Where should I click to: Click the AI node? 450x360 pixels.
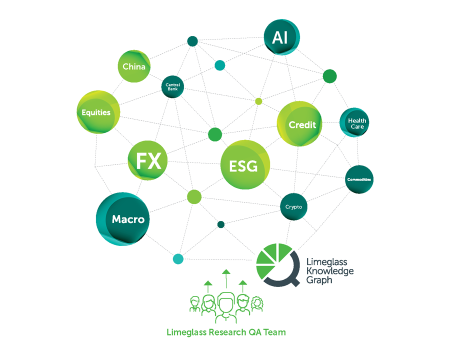point(281,38)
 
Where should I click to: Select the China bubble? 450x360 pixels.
point(134,66)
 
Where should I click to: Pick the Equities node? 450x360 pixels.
point(97,112)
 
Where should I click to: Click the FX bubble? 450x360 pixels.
point(148,161)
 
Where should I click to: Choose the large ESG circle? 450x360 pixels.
point(244,165)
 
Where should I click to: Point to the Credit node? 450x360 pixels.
point(299,124)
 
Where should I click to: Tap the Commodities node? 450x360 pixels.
point(359,179)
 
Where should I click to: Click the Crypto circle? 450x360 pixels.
point(293,206)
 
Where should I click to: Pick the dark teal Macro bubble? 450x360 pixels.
point(123,219)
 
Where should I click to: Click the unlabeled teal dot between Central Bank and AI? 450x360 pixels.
point(219,65)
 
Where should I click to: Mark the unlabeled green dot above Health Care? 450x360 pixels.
point(329,76)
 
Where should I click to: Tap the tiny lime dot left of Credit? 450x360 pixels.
point(258,101)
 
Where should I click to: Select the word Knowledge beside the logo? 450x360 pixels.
point(330,271)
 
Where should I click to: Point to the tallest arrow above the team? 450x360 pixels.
point(226,278)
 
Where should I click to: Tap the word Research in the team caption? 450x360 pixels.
point(226,332)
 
